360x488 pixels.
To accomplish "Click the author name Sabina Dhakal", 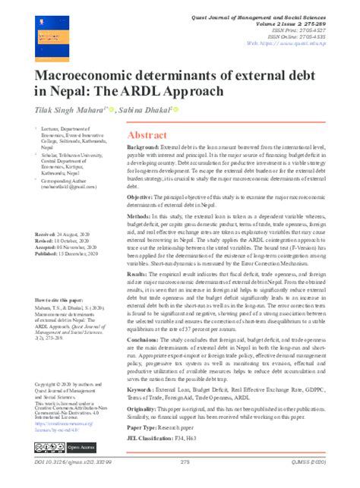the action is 144,111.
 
